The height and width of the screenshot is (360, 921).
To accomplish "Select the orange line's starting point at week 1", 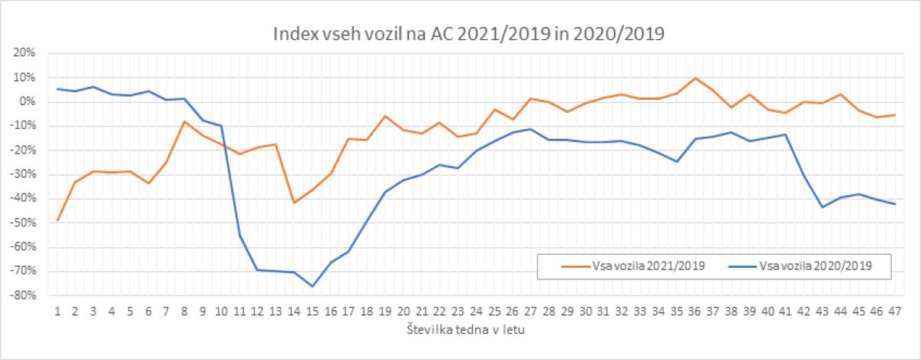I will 57,220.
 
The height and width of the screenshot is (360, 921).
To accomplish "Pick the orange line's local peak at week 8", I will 184,121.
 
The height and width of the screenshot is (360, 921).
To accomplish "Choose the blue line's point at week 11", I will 239,236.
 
